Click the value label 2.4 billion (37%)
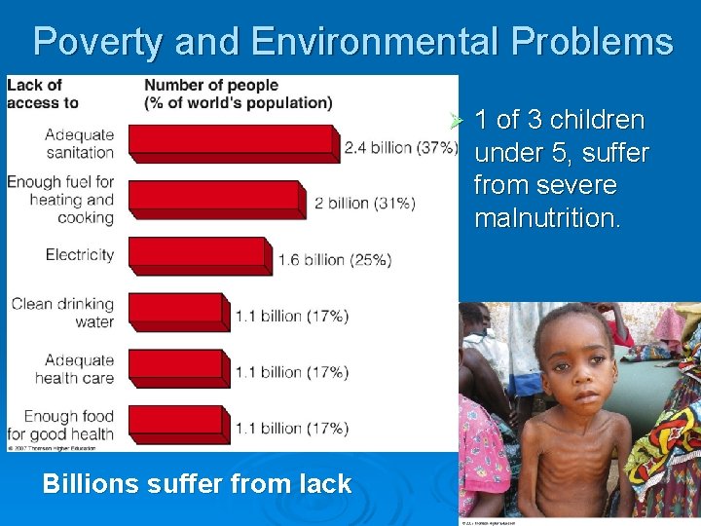click(400, 148)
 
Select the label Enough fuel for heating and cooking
click(60, 200)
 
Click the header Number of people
click(211, 86)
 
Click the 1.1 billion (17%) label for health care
click(291, 372)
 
